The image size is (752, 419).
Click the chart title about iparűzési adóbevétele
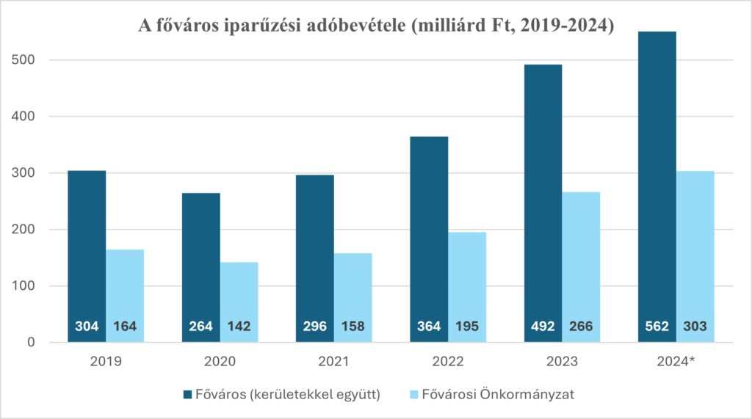[x=377, y=26]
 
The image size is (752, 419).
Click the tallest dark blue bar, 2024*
[x=657, y=183]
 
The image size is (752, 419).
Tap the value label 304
[x=87, y=327]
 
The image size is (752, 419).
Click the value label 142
[x=239, y=327]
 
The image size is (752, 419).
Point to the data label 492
[x=543, y=327]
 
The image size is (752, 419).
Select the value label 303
[x=695, y=327]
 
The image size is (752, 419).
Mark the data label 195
[x=467, y=327]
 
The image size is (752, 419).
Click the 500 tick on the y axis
[x=27, y=60]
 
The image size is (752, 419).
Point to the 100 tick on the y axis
[x=27, y=286]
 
